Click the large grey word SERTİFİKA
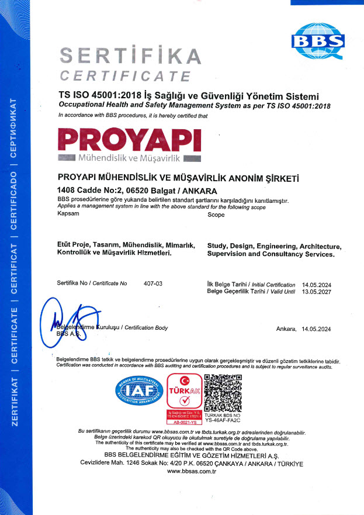pyautogui.click(x=131, y=56)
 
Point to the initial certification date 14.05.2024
pyautogui.click(x=315, y=284)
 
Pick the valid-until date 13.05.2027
pyautogui.click(x=315, y=291)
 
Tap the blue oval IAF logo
pyautogui.click(x=139, y=393)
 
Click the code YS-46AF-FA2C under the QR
pyautogui.click(x=223, y=419)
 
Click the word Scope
pyautogui.click(x=216, y=215)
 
